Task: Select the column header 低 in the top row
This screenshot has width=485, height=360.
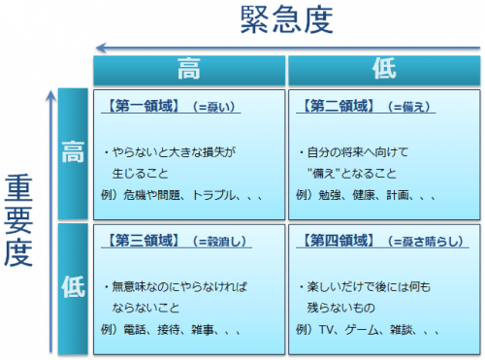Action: tap(384, 70)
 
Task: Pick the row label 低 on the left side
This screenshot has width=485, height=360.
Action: tap(73, 287)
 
